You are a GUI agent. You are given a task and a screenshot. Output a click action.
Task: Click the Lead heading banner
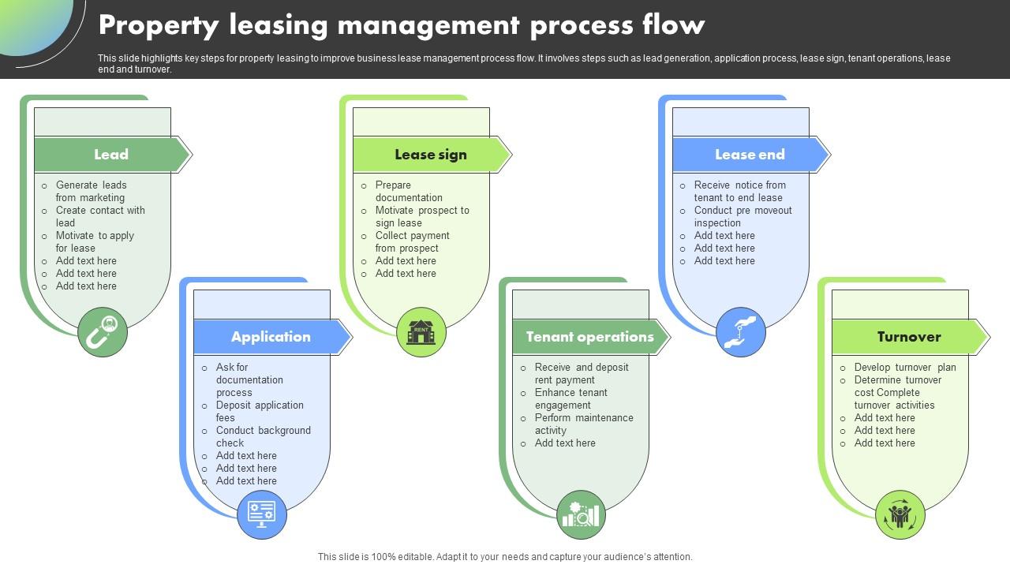[111, 155]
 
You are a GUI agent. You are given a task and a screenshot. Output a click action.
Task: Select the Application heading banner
[271, 337]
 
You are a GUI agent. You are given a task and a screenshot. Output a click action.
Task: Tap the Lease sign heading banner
[431, 155]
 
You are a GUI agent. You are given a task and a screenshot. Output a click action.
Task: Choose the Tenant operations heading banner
[590, 337]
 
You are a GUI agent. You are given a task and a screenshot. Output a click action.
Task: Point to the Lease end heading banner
[750, 155]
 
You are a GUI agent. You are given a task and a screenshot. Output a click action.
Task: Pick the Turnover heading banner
[909, 337]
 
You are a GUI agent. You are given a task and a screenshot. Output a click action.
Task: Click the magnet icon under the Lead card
[103, 332]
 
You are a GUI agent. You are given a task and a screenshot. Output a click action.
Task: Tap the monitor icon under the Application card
[262, 514]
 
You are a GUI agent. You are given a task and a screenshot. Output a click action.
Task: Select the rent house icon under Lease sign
[421, 332]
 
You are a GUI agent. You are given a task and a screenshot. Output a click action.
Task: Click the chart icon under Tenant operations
[581, 514]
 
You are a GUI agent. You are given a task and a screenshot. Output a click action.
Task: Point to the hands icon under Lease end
[741, 332]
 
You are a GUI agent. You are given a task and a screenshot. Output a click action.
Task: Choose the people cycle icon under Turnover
[900, 514]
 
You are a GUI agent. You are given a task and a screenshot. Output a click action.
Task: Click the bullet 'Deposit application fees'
[260, 412]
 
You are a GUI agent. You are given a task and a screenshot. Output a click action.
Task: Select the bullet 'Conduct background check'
[263, 437]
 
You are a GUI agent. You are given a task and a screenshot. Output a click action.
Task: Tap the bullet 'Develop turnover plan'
[904, 368]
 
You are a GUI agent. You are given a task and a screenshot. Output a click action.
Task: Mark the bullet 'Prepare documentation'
[409, 192]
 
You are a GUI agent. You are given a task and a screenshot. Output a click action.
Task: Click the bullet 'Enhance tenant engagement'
[570, 399]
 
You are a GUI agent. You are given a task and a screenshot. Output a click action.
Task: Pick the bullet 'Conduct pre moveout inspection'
[743, 217]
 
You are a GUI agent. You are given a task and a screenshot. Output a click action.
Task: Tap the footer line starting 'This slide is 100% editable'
[505, 557]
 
